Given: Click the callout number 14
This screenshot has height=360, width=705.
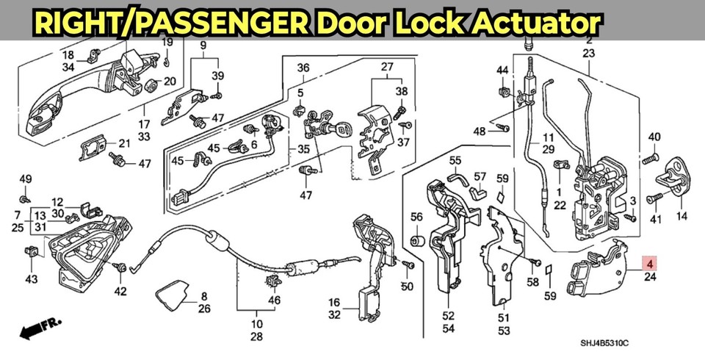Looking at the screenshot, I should [x=681, y=217].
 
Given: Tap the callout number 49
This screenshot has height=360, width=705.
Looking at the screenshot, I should [x=26, y=179].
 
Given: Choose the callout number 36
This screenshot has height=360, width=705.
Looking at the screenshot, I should [x=303, y=68].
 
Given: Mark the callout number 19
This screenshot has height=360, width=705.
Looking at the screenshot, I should [x=167, y=41].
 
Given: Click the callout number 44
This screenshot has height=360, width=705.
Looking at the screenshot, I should [x=502, y=70].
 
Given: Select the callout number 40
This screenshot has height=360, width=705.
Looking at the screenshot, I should [x=654, y=137].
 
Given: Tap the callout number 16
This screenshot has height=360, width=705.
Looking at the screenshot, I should [x=334, y=302].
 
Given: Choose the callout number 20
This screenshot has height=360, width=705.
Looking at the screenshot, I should [x=170, y=81].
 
